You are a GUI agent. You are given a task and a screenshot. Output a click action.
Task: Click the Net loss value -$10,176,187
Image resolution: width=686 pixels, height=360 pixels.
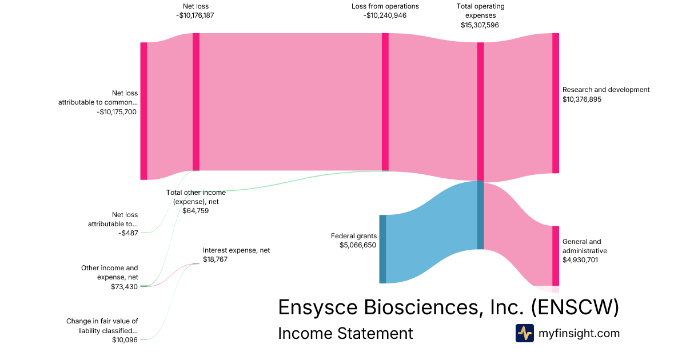pos(196,15)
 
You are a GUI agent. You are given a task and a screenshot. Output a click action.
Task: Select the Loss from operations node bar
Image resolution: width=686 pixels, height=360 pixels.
pos(385,102)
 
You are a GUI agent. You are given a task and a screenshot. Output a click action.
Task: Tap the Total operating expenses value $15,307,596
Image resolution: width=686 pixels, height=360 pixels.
pos(480,25)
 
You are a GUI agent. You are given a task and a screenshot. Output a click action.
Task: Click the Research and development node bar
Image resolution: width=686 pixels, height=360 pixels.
pos(556,103)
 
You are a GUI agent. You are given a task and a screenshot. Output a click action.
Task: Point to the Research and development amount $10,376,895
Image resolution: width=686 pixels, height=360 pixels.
pos(589,99)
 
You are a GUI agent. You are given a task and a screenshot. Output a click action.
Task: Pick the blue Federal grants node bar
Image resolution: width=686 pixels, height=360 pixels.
pos(382,249)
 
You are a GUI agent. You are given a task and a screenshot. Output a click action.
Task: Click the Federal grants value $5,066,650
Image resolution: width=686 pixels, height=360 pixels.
pos(358,245)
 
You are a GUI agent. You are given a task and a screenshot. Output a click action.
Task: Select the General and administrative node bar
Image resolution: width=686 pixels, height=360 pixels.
pos(556,255)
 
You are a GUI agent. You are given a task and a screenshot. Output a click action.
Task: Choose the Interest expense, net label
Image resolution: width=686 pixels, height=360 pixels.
pos(236,250)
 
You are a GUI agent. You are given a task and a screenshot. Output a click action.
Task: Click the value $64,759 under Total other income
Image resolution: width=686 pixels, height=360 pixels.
pos(196,211)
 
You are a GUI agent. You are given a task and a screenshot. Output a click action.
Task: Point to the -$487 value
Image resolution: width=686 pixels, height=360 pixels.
pos(129,233)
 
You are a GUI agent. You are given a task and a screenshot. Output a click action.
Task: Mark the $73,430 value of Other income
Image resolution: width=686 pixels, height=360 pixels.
pos(125,287)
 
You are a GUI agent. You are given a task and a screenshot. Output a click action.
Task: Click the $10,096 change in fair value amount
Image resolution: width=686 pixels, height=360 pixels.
pos(125,340)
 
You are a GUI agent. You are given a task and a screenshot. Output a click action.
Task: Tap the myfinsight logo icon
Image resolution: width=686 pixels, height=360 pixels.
pos(524,333)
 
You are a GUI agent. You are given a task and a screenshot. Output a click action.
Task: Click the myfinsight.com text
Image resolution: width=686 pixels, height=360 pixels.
pos(579,333)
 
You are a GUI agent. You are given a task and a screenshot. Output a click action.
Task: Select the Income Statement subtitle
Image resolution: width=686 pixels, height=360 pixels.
pos(345,333)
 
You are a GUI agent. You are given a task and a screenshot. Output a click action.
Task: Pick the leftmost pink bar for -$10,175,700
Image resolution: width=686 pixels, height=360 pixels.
pos(143,111)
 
